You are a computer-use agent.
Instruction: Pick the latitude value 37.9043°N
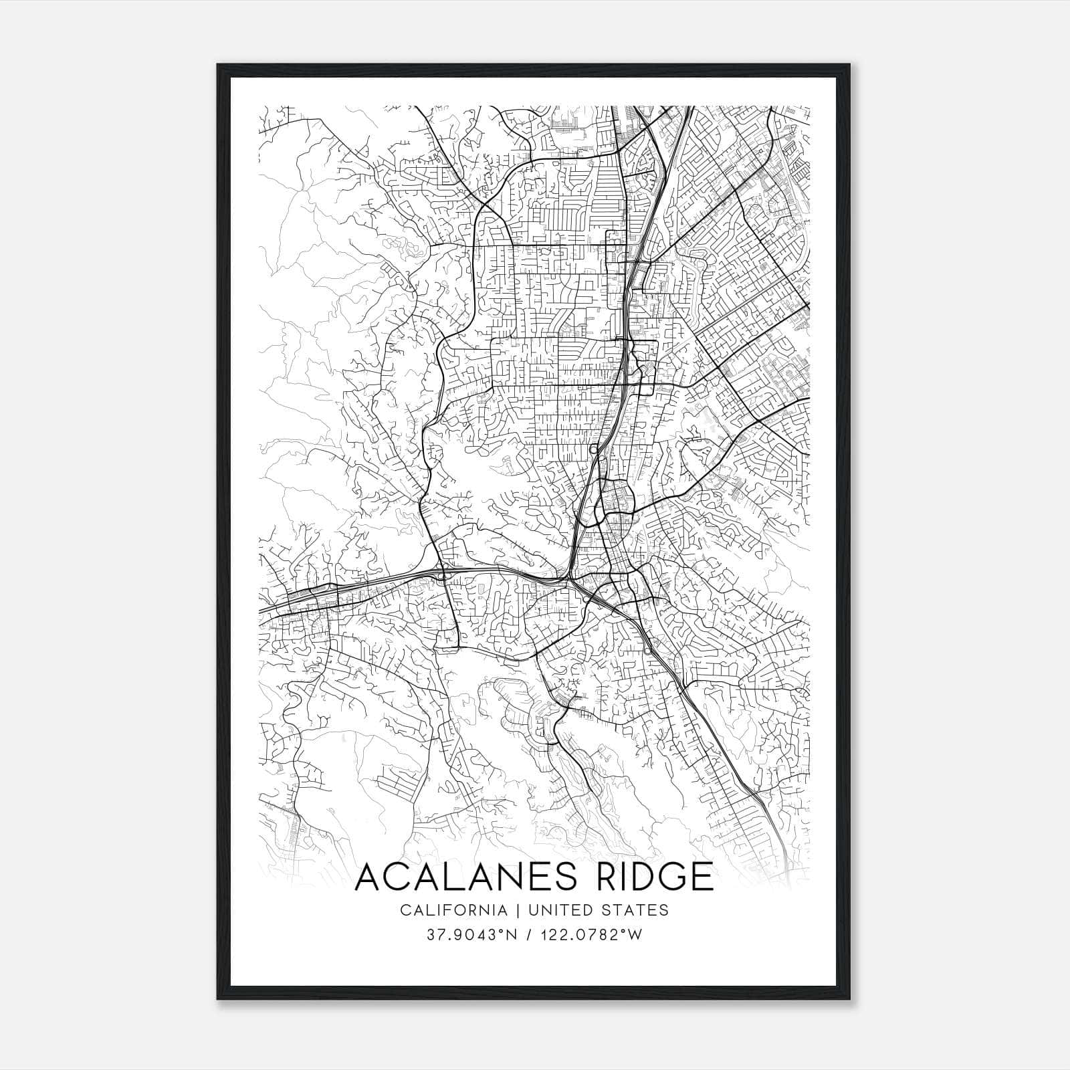tap(471, 935)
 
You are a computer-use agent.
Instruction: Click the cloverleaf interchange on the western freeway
tap(443, 574)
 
